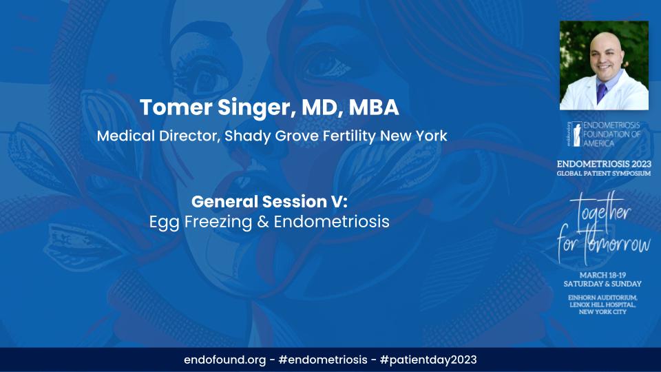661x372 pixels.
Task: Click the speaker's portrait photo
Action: point(604,65)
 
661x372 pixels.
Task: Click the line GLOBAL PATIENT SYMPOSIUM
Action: point(604,174)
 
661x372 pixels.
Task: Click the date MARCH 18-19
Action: point(604,274)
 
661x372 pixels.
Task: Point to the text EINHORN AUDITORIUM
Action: point(604,296)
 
